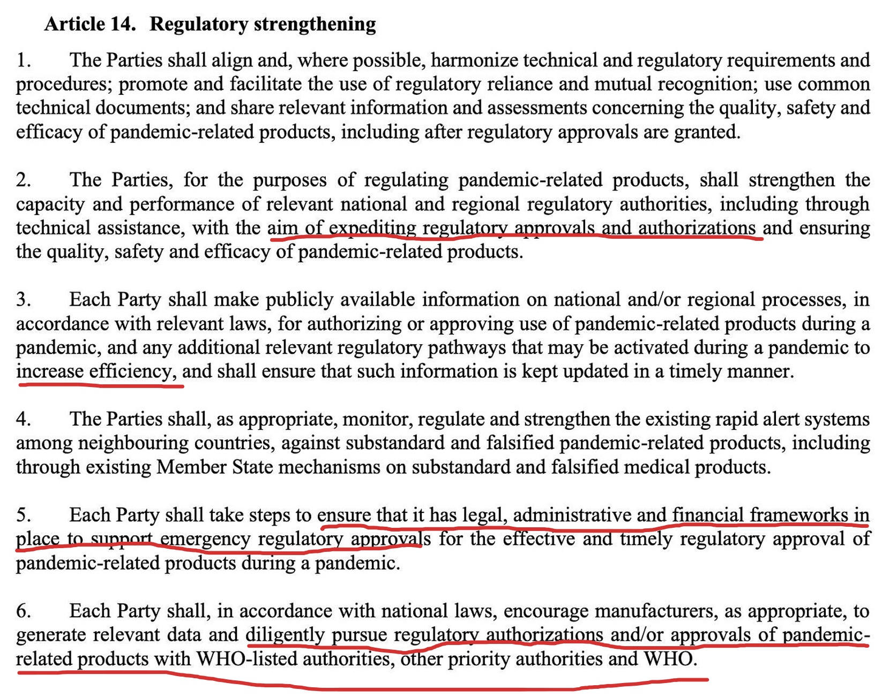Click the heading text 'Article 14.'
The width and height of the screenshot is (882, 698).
click(89, 24)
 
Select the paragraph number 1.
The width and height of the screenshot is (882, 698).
click(23, 60)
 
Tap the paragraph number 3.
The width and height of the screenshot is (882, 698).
click(23, 299)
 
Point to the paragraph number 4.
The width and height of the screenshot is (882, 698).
click(23, 419)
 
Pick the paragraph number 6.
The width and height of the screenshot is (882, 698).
click(23, 611)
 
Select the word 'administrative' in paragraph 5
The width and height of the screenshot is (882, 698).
click(572, 515)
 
